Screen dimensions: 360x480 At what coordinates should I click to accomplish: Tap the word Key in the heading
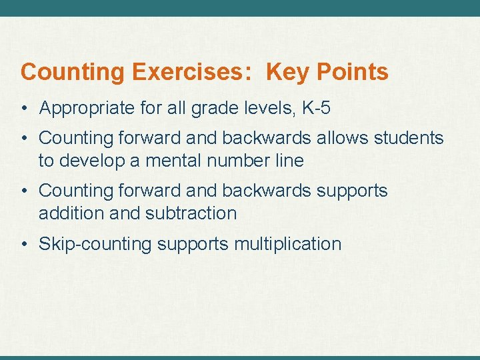point(285,72)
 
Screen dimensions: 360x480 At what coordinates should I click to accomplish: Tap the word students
point(410,138)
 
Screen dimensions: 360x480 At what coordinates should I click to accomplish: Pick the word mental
point(163,161)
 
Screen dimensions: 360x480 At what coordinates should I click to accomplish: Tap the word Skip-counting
point(95,244)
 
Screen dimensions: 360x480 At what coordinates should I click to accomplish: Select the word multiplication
point(287,244)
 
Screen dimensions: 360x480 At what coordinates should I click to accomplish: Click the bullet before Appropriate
point(24,108)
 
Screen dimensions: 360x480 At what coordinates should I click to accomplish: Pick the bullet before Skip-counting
point(24,244)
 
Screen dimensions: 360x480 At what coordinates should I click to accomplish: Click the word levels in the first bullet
point(269,108)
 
